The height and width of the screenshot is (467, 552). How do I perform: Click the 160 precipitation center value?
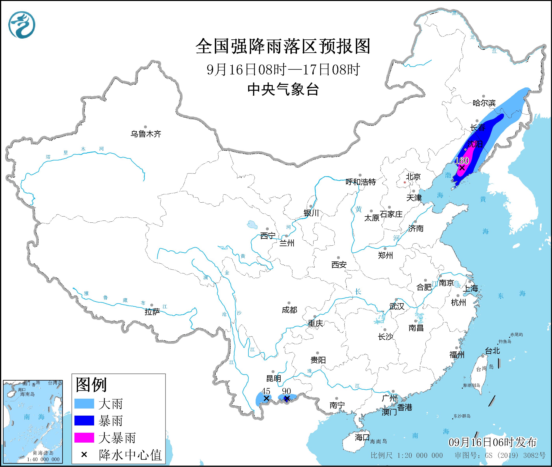pyautogui.click(x=462, y=160)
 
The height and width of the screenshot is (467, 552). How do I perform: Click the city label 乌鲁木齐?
pyautogui.click(x=146, y=134)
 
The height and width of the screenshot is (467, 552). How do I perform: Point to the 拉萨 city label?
pyautogui.click(x=152, y=312)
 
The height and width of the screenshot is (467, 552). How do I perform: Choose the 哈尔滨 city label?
pyautogui.click(x=484, y=103)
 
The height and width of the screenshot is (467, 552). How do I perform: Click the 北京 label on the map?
pyautogui.click(x=413, y=177)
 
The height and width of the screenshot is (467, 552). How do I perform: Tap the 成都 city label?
pyautogui.click(x=289, y=310)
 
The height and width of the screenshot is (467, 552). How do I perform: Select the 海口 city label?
pyautogui.click(x=362, y=437)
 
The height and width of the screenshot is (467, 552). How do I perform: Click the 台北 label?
pyautogui.click(x=493, y=351)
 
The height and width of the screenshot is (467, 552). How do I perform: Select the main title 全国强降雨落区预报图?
pyautogui.click(x=283, y=46)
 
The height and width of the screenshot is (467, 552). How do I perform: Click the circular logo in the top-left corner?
pyautogui.click(x=22, y=25)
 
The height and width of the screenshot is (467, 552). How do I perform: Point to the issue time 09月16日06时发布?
pyautogui.click(x=493, y=442)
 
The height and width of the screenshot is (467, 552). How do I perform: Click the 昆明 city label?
pyautogui.click(x=274, y=379)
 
